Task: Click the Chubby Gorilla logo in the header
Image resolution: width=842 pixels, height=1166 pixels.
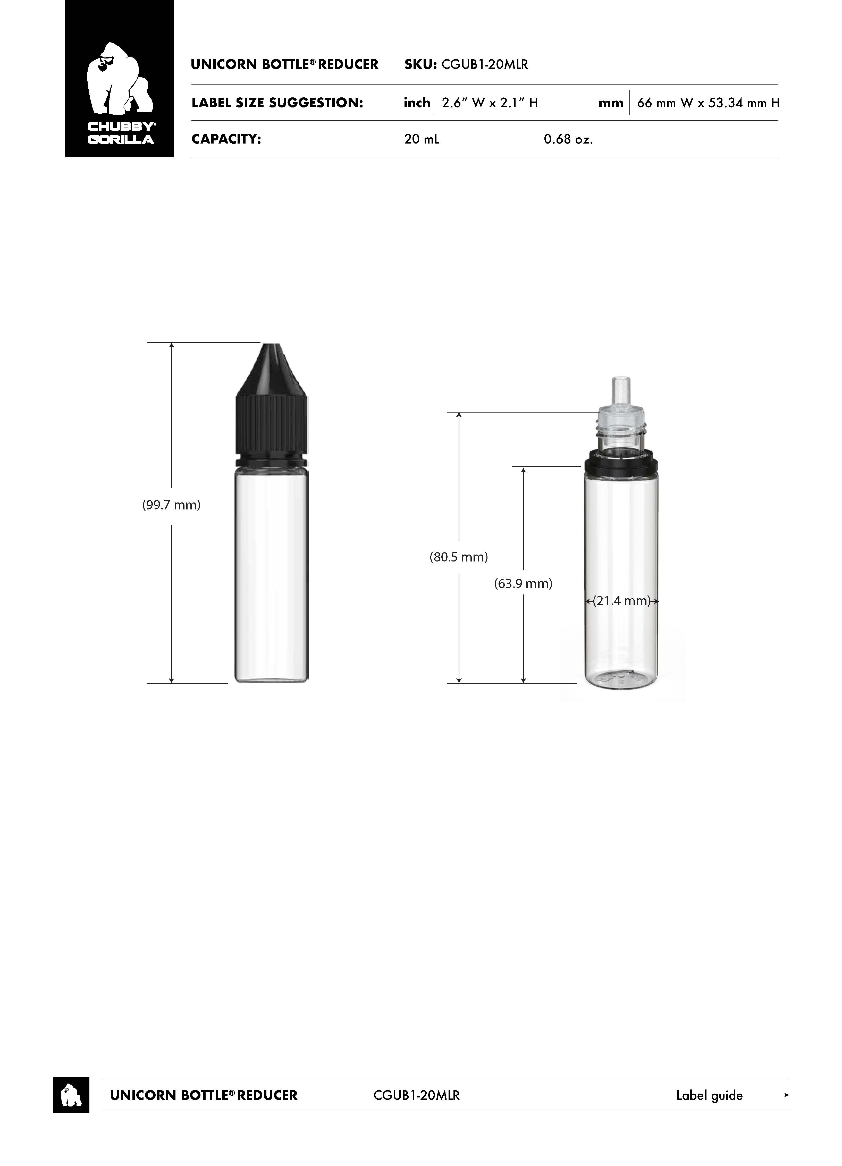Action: (x=119, y=79)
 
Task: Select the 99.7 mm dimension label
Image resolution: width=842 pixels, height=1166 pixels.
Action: (x=171, y=505)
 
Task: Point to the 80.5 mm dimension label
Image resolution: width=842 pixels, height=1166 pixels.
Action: (x=459, y=557)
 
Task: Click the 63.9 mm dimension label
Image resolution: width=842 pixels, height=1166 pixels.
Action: (x=523, y=583)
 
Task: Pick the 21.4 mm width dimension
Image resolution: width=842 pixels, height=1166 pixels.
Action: (x=622, y=601)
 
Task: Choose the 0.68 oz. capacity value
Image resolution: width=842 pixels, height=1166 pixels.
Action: (x=569, y=139)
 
